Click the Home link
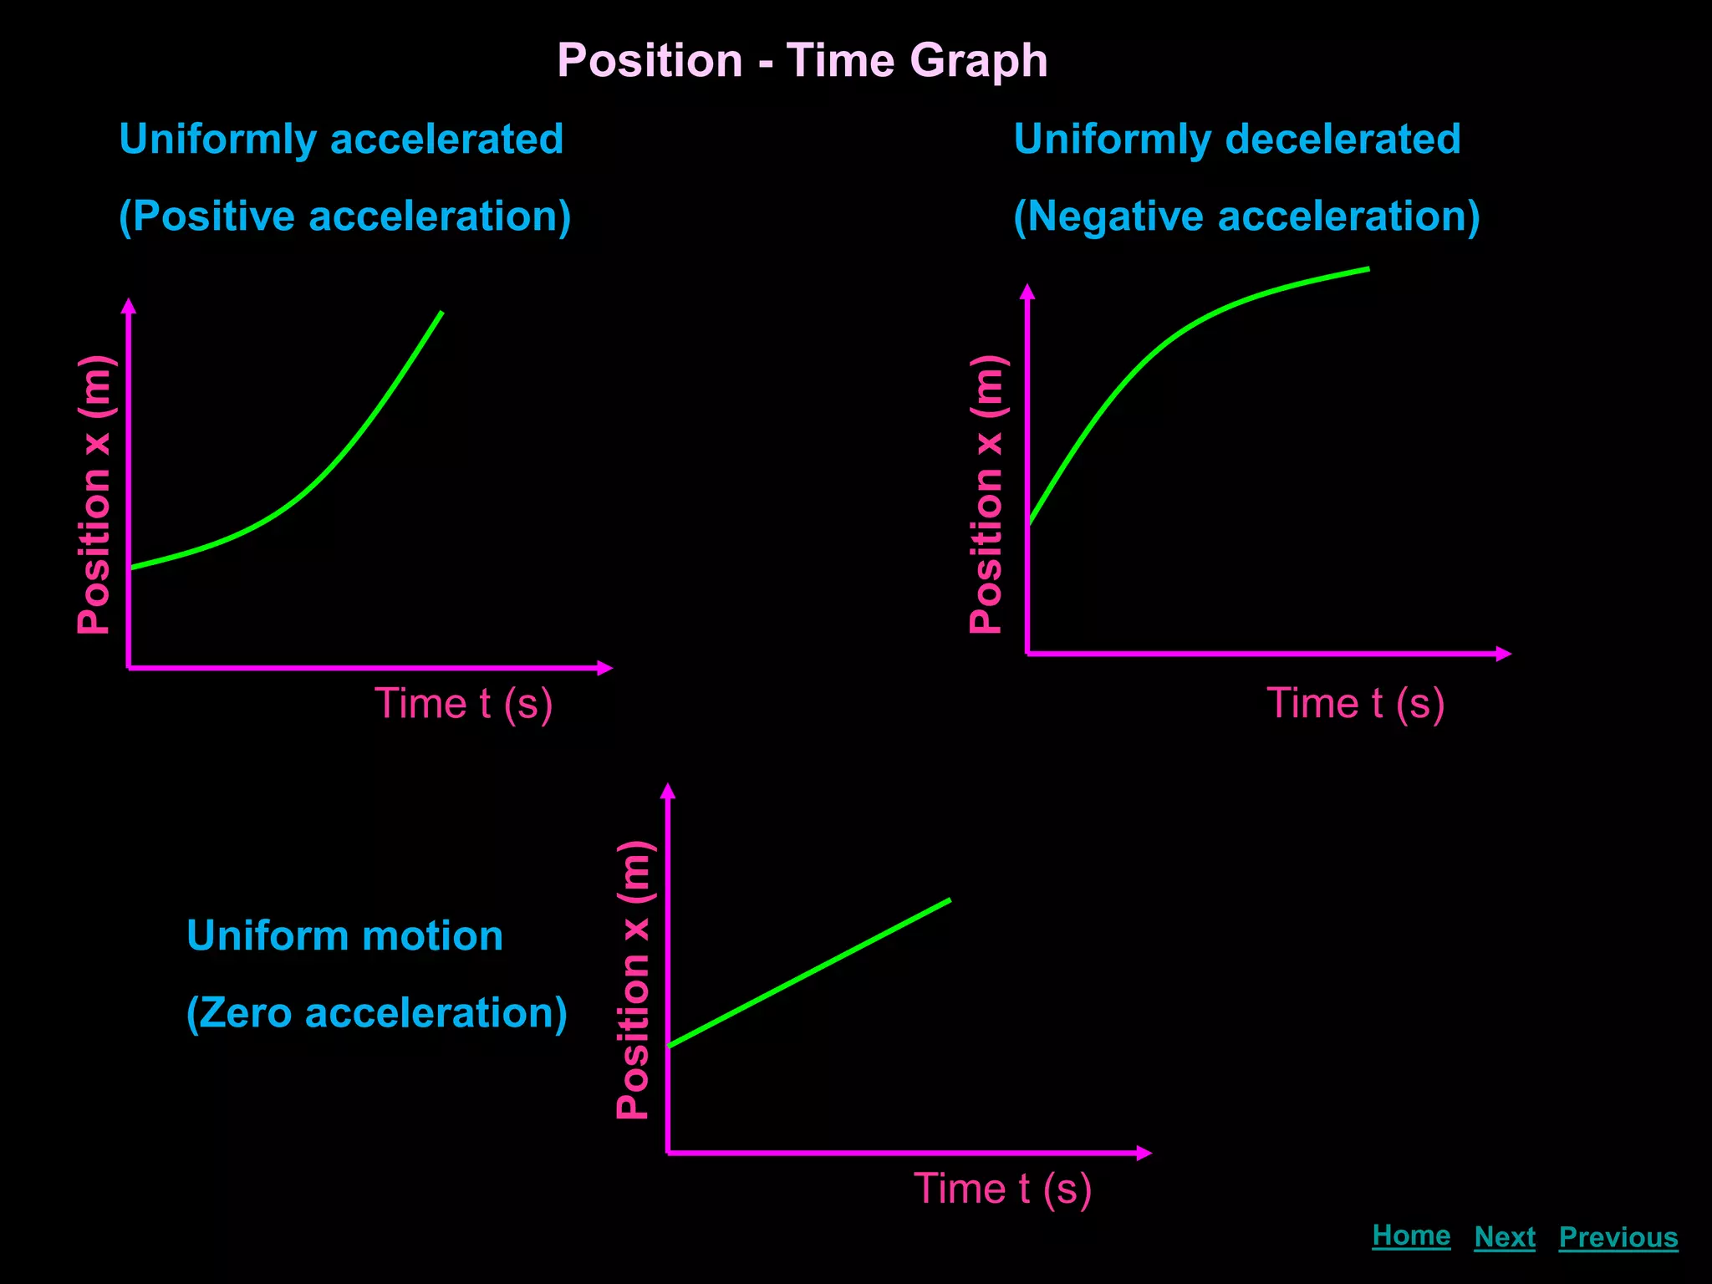[1411, 1236]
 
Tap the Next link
[1505, 1237]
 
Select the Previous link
[1618, 1237]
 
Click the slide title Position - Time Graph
[802, 61]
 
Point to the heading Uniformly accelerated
[341, 139]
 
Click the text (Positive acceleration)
[344, 217]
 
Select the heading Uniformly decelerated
[1237, 139]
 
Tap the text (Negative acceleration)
[1246, 217]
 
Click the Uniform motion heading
[344, 935]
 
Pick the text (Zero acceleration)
[376, 1013]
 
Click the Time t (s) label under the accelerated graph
[463, 704]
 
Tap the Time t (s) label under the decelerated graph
[1355, 704]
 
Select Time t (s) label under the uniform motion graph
[1002, 1189]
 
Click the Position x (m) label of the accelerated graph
[94, 495]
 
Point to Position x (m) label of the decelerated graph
[986, 495]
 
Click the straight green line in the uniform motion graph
[809, 973]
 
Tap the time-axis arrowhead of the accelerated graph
[606, 668]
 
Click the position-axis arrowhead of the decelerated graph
[1027, 291]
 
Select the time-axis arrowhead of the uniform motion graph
[1144, 1154]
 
